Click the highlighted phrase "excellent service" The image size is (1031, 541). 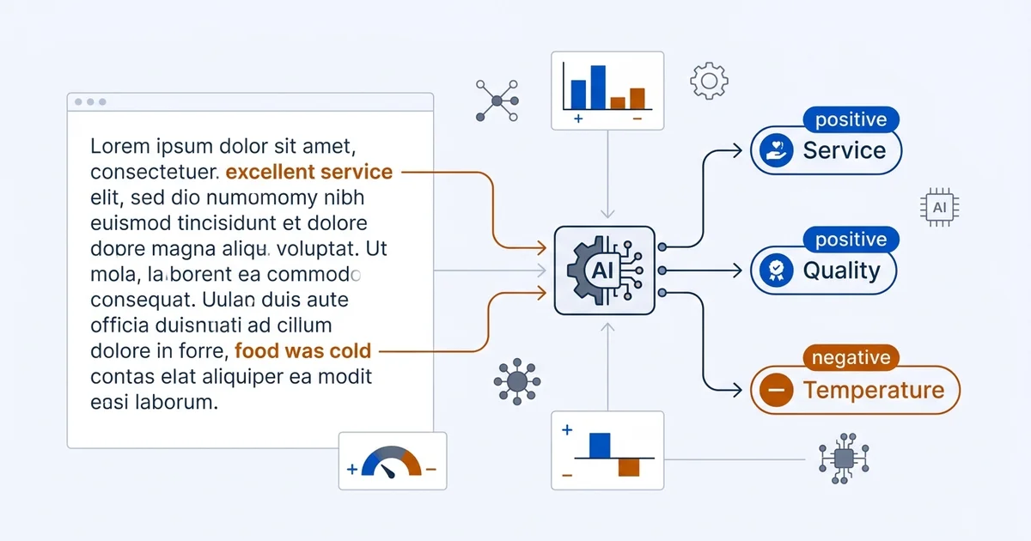(x=308, y=172)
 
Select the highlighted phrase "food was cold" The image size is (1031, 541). (x=302, y=351)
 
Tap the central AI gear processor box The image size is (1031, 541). (x=605, y=270)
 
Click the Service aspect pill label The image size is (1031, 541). (x=827, y=150)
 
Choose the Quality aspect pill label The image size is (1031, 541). (x=824, y=270)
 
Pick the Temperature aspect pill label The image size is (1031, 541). (x=855, y=390)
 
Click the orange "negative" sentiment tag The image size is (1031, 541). (x=851, y=357)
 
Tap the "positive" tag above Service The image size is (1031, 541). (x=851, y=119)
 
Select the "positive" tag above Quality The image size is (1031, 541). (x=851, y=240)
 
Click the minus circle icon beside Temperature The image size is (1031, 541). (x=776, y=390)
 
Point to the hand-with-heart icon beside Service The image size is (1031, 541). (x=776, y=150)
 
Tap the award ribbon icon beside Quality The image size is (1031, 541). (x=776, y=270)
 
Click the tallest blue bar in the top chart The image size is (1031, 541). (x=598, y=88)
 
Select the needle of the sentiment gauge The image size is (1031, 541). (x=387, y=471)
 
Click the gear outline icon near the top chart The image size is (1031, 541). (x=710, y=81)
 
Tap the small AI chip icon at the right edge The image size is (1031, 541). (x=940, y=208)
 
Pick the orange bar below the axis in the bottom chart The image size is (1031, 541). (x=629, y=467)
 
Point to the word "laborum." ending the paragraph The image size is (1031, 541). (x=176, y=403)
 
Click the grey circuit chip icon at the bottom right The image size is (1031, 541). (x=844, y=459)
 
